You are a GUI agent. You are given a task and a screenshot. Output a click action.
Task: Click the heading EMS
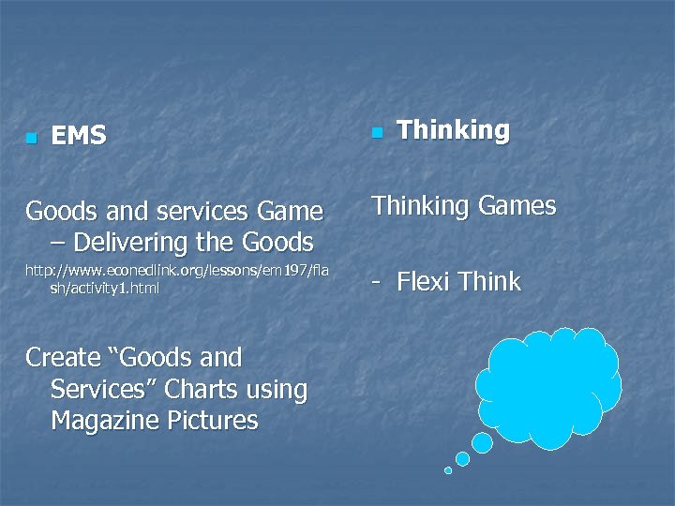point(79,137)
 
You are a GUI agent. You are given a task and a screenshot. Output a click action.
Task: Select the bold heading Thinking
point(453,130)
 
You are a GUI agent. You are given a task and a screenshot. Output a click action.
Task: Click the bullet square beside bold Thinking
point(376,134)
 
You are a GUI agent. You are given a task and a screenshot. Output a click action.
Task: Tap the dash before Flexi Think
point(378,283)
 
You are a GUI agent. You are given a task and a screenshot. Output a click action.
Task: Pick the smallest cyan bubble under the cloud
point(448,470)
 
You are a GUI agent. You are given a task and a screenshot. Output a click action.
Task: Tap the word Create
point(63,357)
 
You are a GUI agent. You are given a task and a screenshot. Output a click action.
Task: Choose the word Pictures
point(211,421)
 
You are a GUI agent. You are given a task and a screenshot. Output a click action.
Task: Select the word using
point(274,390)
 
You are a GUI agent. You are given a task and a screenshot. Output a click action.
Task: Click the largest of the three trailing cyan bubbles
point(482,441)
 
